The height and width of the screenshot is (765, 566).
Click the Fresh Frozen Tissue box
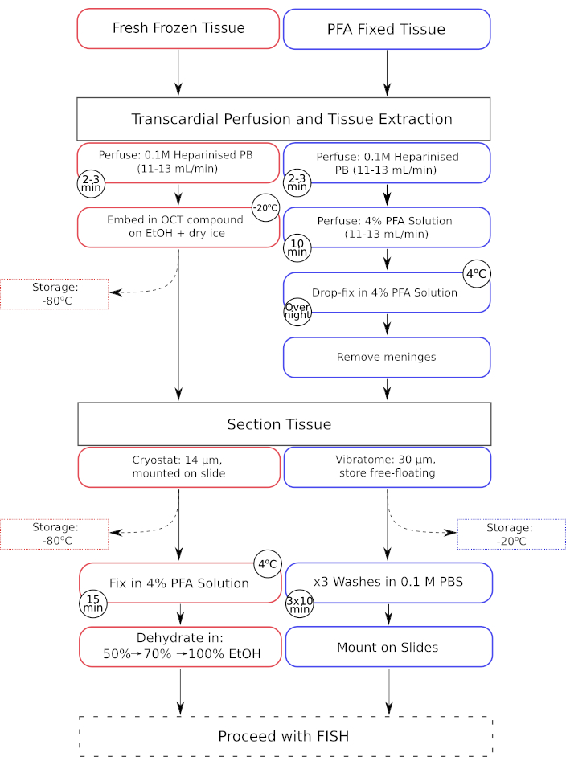pos(178,28)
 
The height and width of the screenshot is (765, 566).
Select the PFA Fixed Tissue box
pos(387,29)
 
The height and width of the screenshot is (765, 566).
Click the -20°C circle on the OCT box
pos(265,208)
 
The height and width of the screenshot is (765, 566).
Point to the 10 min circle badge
pos(297,247)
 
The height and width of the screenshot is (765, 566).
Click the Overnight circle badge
pos(297,311)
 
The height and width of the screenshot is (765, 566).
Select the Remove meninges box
pos(387,357)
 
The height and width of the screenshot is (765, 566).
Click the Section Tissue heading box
pos(285,424)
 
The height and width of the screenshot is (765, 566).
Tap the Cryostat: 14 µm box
pos(179,468)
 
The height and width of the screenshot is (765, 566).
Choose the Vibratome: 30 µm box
pos(388,467)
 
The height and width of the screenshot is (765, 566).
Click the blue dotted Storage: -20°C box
pos(511,534)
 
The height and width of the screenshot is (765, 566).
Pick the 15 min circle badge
pos(93,603)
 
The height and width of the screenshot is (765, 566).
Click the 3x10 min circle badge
pos(300,604)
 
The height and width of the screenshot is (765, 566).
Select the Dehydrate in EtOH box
pos(181,646)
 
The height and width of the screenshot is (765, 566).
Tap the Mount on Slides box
pos(389,646)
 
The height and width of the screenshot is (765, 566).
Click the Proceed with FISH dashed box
pos(286,736)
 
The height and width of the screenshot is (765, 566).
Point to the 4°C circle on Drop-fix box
pos(477,274)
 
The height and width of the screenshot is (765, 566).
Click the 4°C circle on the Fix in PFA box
pos(268,564)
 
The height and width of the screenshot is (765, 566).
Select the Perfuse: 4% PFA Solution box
pos(387,227)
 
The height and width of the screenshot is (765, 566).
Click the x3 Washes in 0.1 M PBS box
pos(389,583)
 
